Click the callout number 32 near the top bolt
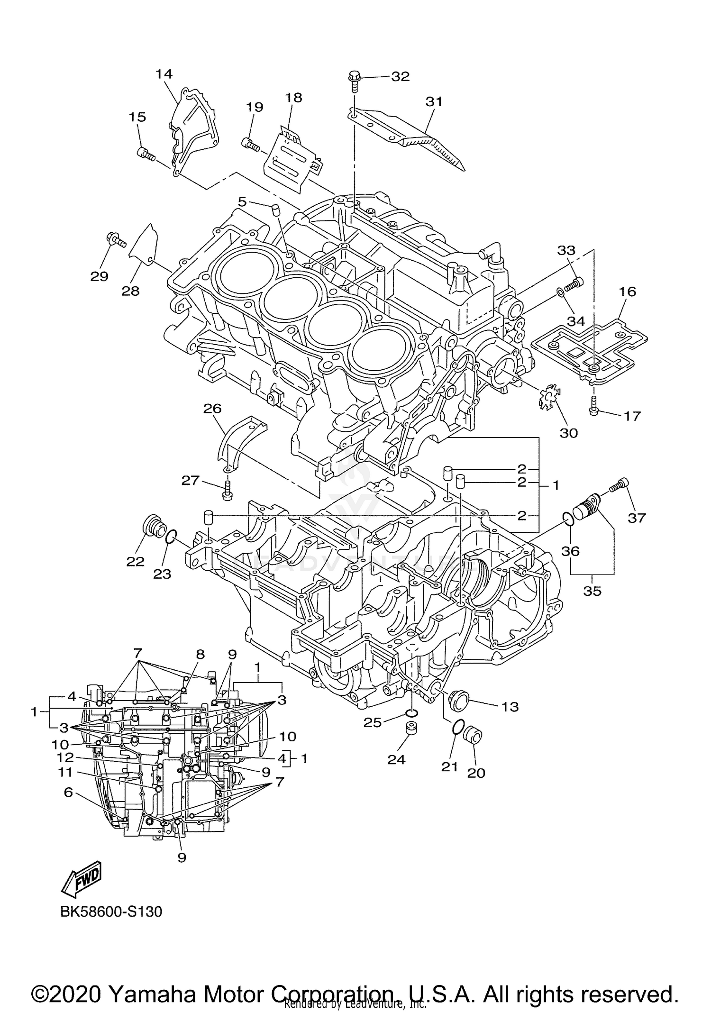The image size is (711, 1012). [400, 77]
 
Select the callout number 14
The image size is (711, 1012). [164, 74]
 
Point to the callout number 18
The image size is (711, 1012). [293, 98]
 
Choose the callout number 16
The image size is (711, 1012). [628, 291]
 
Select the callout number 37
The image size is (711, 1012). [637, 518]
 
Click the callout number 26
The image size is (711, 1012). [213, 408]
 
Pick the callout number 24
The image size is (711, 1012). [396, 759]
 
